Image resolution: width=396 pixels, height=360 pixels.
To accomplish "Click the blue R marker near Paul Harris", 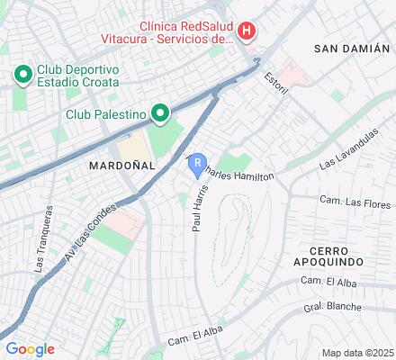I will [x=197, y=162].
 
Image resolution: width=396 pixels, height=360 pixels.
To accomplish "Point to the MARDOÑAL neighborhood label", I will [x=121, y=166].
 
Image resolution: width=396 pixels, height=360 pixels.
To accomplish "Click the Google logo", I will [x=29, y=349].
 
